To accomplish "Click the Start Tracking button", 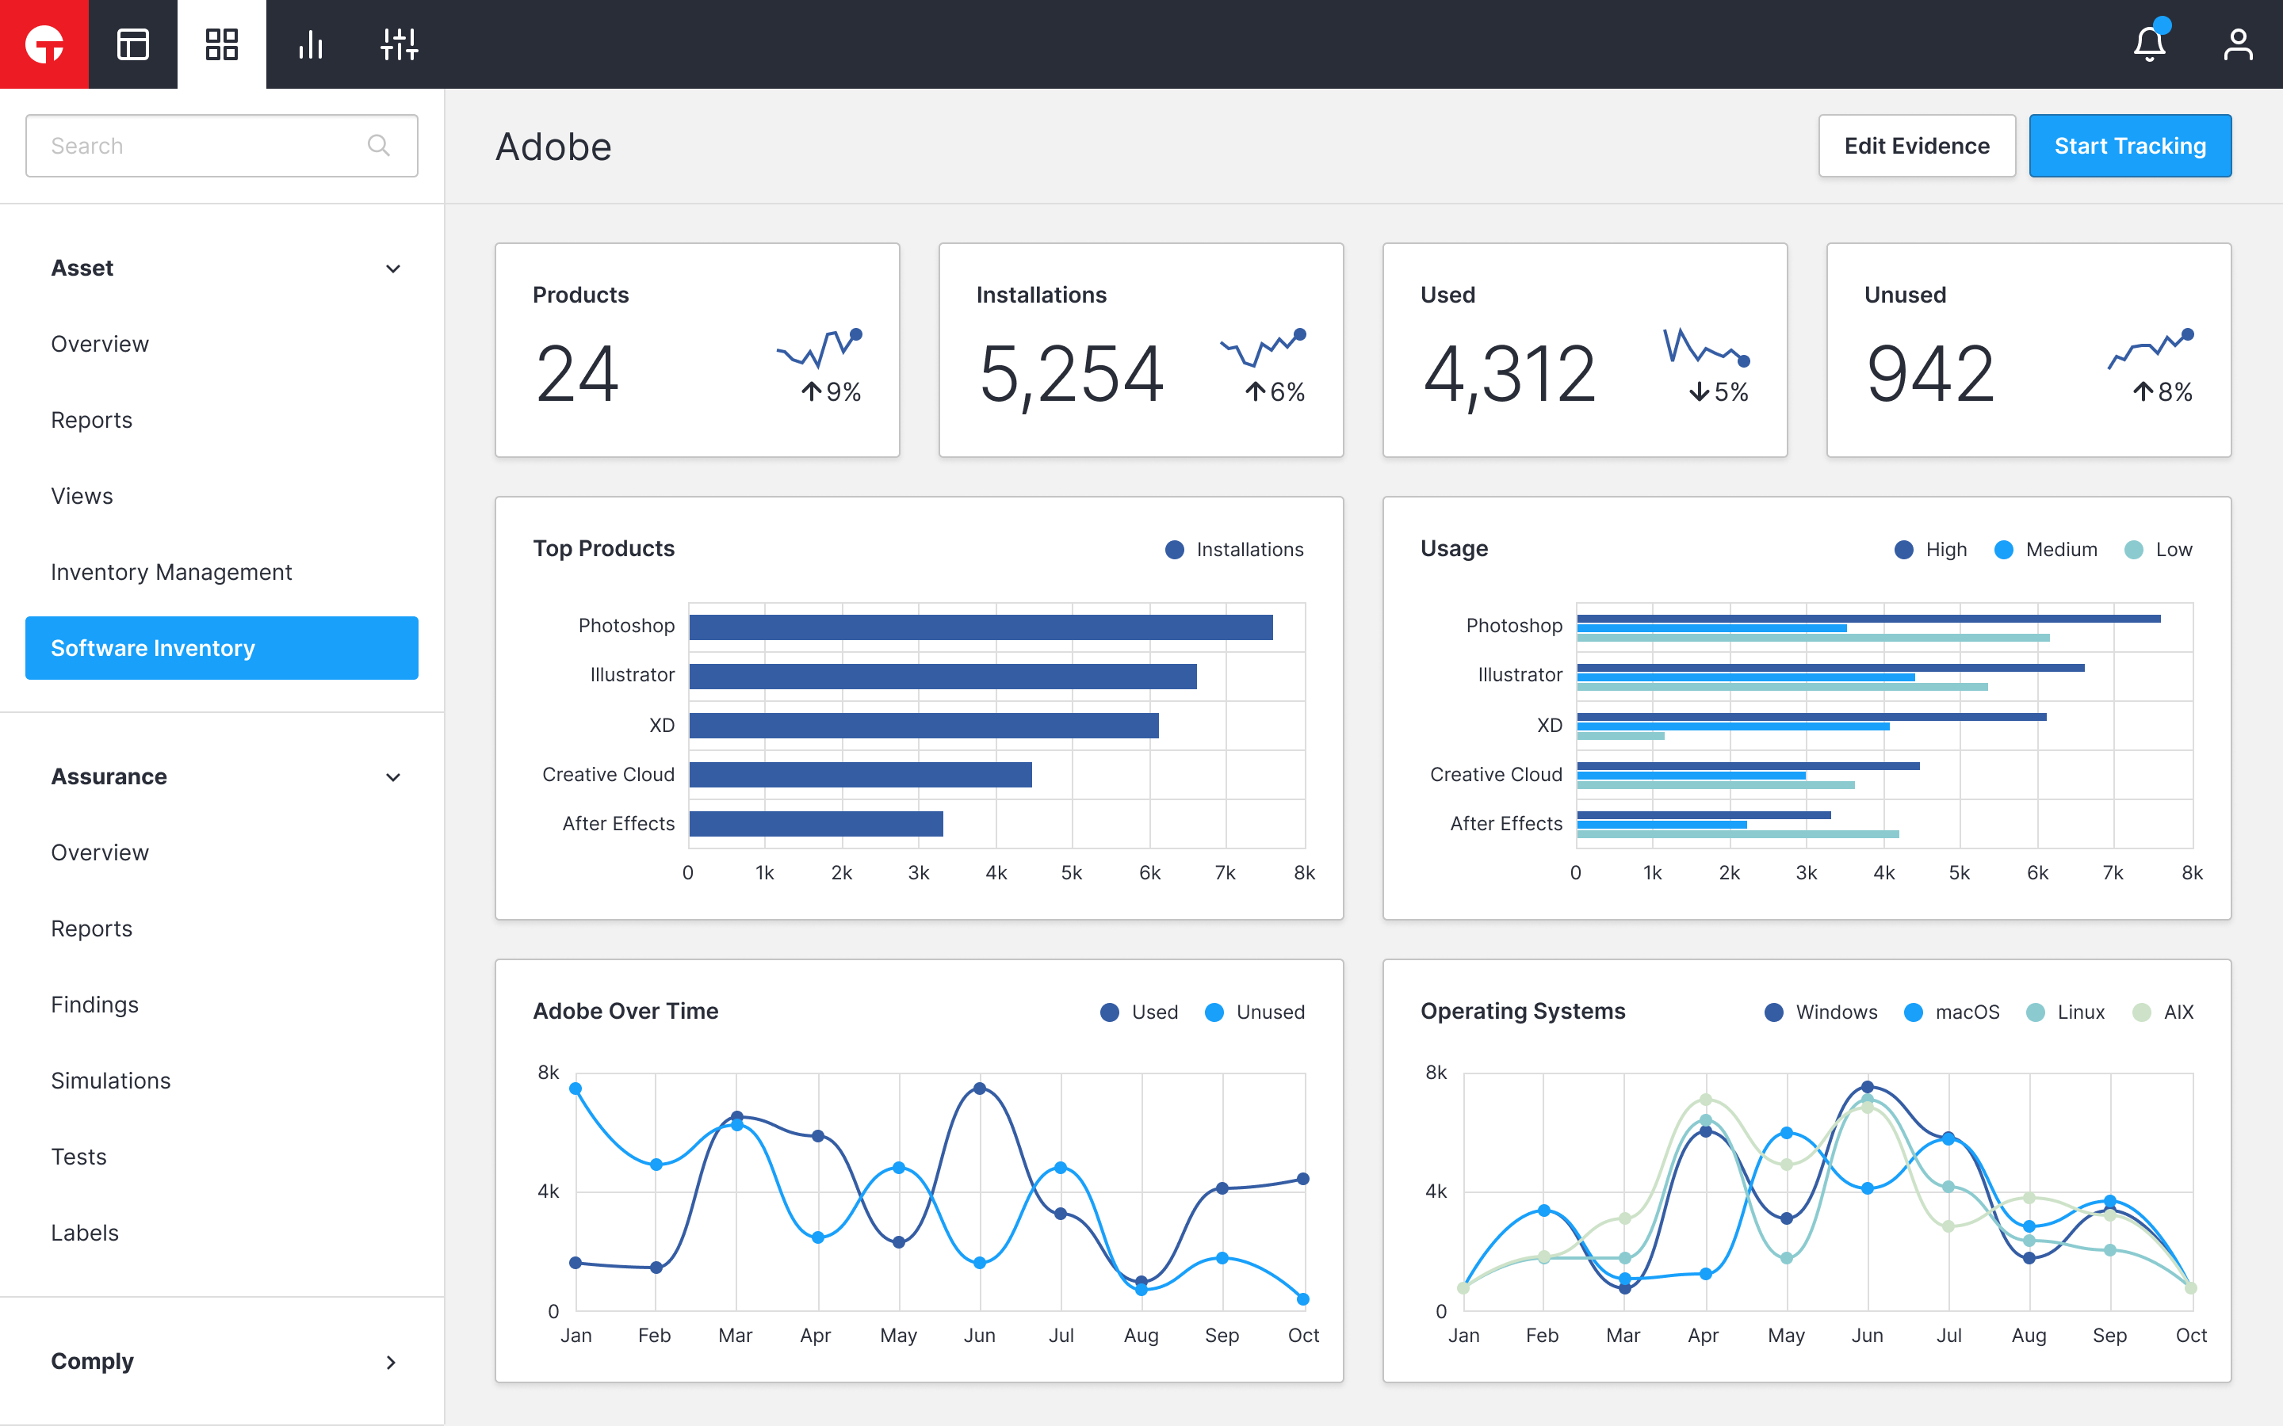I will click(x=2129, y=147).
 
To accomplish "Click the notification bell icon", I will click(x=2149, y=44).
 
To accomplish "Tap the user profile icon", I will click(x=2238, y=44).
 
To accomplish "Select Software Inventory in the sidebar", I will click(x=222, y=648).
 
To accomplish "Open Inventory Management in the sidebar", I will click(x=170, y=573).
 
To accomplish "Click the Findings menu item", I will click(x=94, y=1005).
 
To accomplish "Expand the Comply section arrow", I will click(x=392, y=1362).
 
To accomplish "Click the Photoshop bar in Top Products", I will click(x=980, y=627).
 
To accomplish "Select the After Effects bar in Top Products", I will click(x=816, y=823).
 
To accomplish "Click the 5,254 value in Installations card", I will click(x=1072, y=375).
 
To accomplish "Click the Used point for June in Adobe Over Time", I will click(x=979, y=1089).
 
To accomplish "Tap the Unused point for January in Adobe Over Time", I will click(x=576, y=1089).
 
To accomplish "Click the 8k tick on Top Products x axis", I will click(x=1304, y=873).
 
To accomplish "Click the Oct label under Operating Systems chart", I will click(x=2190, y=1336).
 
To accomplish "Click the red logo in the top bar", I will click(x=44, y=44).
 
